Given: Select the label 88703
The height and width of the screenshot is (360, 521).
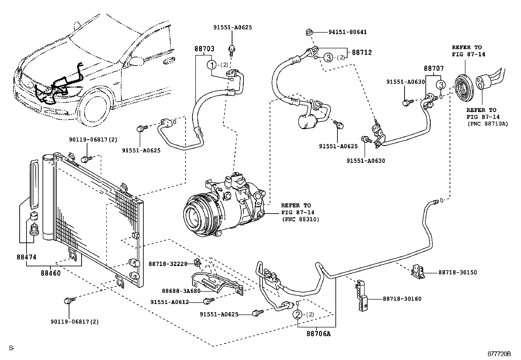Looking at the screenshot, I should tap(205, 49).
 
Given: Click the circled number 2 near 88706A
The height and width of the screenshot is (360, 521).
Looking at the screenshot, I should tap(297, 314).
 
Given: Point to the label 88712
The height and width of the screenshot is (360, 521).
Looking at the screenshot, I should tap(362, 52).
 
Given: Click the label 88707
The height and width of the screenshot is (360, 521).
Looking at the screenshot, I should tap(434, 69).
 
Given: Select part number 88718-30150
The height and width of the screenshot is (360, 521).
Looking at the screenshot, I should tap(458, 272).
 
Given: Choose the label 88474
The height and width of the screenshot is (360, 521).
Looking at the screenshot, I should tap(27, 257).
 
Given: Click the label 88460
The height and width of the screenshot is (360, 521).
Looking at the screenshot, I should tap(51, 273).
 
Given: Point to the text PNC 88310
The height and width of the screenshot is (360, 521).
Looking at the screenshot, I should tap(300, 219).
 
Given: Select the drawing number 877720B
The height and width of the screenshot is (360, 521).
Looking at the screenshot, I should tap(499, 354).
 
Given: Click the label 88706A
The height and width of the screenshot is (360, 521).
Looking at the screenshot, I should tap(318, 334).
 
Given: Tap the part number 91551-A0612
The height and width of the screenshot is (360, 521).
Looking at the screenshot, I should tap(170, 302).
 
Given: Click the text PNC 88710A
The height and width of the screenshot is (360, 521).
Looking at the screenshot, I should tap(487, 124).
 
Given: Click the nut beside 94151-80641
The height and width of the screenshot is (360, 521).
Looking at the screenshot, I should tap(309, 32).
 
